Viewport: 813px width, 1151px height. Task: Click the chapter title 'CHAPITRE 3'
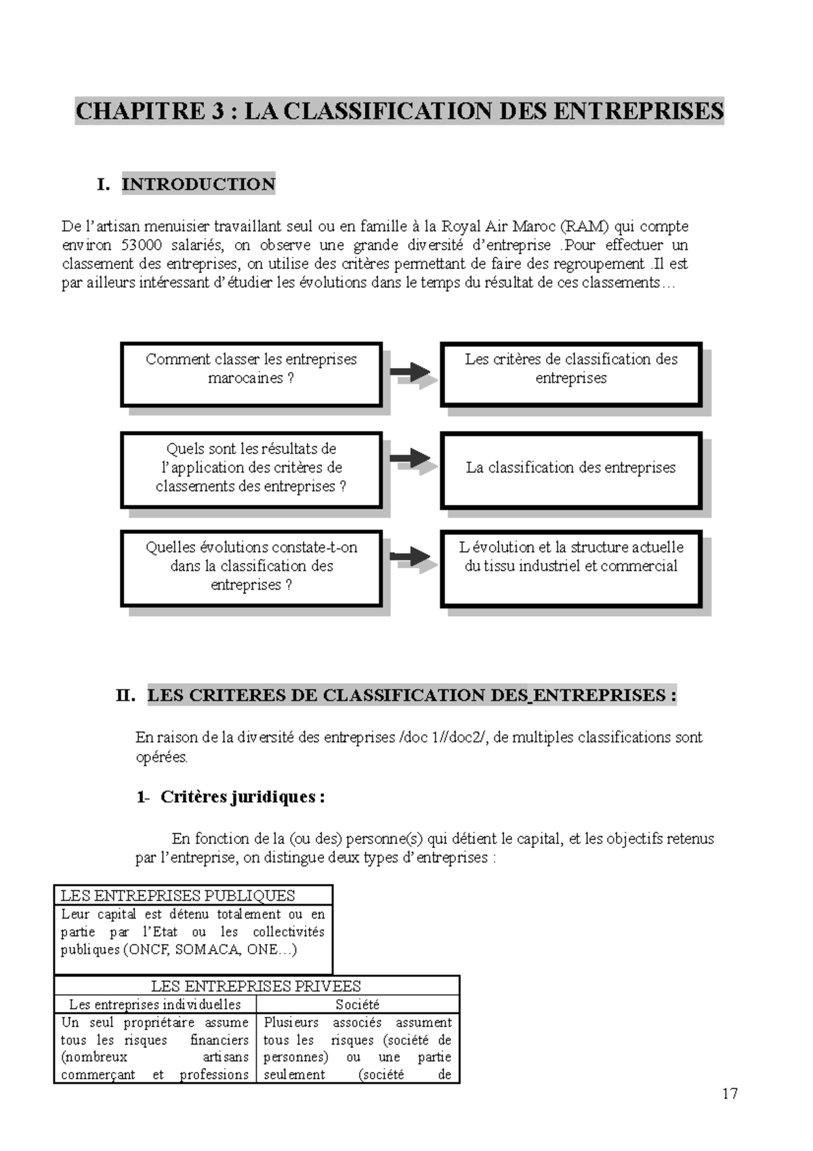coord(149,111)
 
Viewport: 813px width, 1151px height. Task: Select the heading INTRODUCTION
coord(198,184)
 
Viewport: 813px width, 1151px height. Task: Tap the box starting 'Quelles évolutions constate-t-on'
coord(251,567)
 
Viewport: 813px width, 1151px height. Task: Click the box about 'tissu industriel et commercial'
coord(570,567)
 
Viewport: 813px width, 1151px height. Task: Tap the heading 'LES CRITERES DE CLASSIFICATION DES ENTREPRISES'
coord(411,695)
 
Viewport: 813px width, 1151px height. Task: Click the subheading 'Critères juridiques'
coord(242,797)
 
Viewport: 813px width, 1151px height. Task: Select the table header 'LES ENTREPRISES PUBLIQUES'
coord(178,895)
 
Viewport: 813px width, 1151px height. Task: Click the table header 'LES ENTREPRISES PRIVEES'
coord(255,986)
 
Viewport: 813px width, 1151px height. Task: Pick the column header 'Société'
coord(357,1005)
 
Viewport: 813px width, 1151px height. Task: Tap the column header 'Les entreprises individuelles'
coord(155,1005)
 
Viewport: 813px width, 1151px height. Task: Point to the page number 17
coord(730,1093)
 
